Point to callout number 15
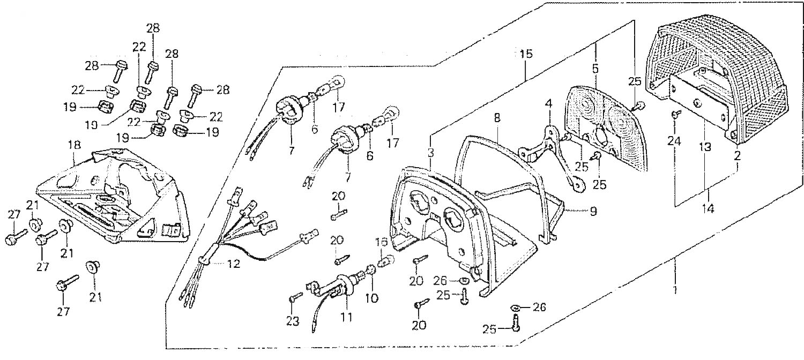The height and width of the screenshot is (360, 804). point(525,55)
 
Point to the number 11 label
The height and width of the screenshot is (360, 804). point(346,317)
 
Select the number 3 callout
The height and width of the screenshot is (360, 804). point(430,153)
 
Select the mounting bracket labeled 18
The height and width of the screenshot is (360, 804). point(113,198)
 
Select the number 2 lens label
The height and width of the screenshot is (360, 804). point(738,156)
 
